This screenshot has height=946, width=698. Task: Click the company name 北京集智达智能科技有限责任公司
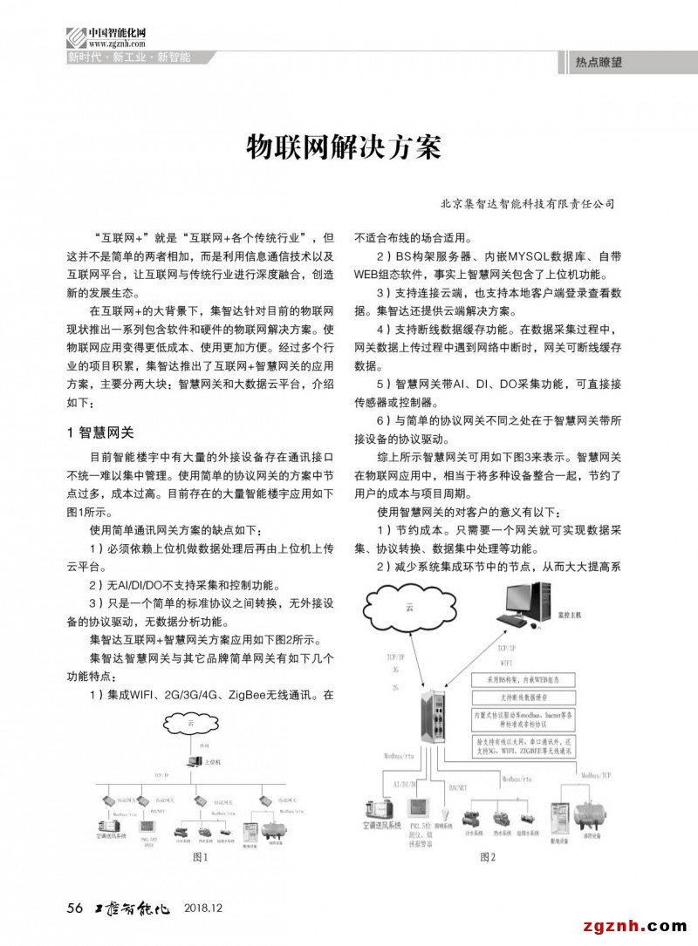(528, 204)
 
